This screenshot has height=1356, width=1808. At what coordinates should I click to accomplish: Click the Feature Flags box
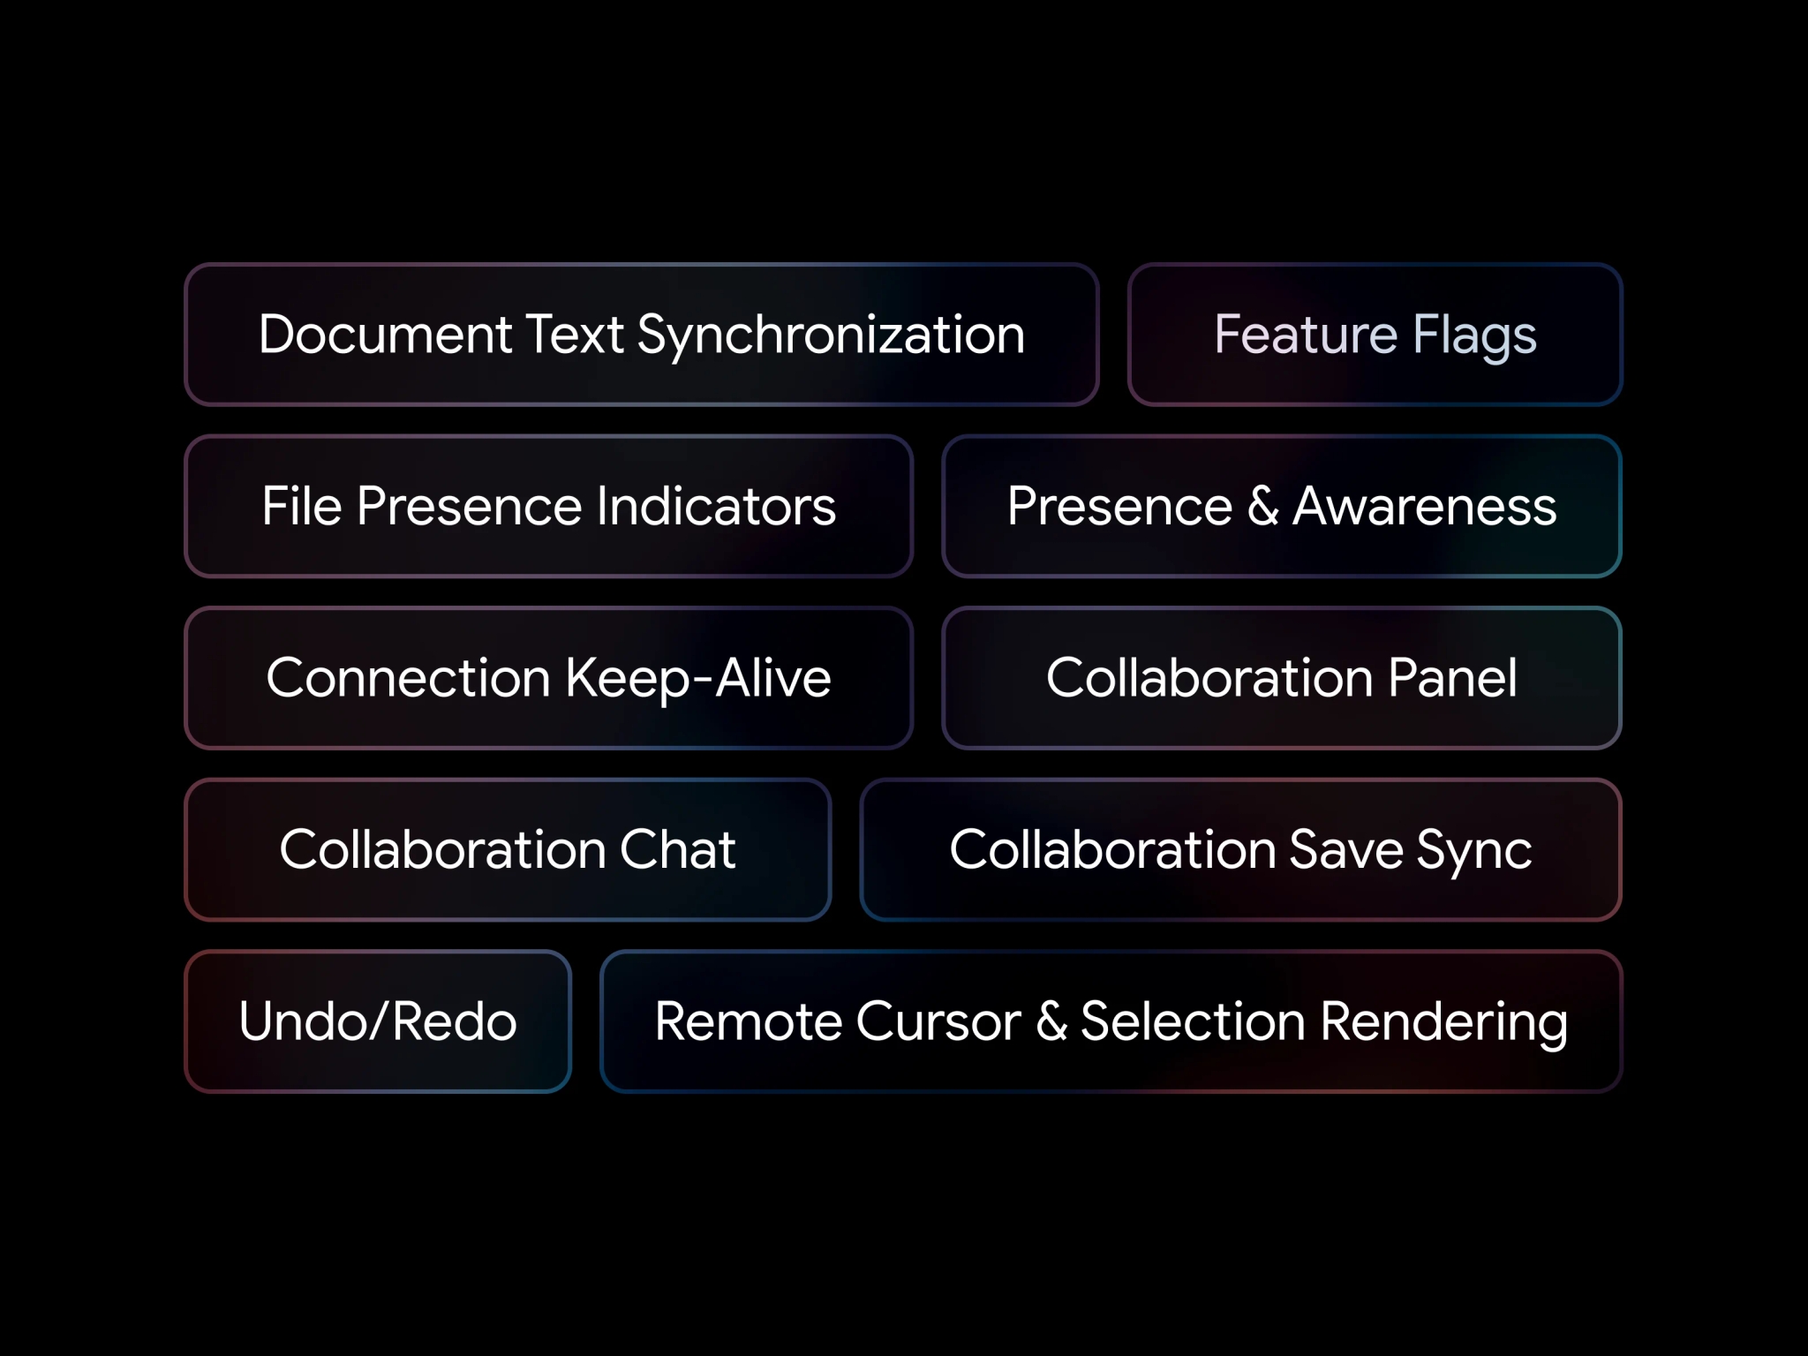1375,335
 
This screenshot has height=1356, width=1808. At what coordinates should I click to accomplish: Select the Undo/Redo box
378,1021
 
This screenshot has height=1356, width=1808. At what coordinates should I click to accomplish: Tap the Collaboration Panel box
1282,678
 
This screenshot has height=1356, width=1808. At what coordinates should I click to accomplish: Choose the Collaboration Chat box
508,849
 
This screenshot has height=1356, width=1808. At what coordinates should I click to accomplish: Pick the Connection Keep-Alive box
548,678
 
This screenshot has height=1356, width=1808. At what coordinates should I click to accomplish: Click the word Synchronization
831,336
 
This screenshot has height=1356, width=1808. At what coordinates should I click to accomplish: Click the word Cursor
938,1021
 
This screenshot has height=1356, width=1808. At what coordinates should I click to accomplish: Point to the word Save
1345,849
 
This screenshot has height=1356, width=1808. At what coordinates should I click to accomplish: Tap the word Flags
1474,336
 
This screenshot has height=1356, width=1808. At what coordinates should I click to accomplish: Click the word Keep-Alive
697,680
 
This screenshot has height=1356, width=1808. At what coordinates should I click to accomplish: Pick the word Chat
677,849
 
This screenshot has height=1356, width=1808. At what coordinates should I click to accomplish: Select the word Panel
1452,678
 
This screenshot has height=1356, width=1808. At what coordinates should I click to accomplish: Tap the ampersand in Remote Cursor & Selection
1051,1021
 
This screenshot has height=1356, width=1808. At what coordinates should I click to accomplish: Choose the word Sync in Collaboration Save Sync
1474,851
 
